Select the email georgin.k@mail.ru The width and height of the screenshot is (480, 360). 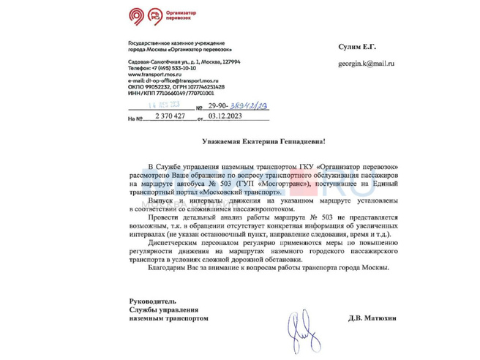[365, 64]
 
